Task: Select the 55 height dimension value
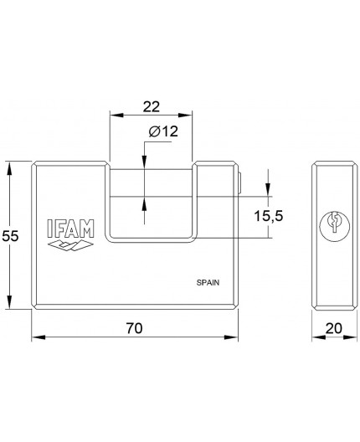(x=11, y=236)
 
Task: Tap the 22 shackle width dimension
(x=152, y=107)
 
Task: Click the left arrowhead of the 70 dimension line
(x=36, y=339)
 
